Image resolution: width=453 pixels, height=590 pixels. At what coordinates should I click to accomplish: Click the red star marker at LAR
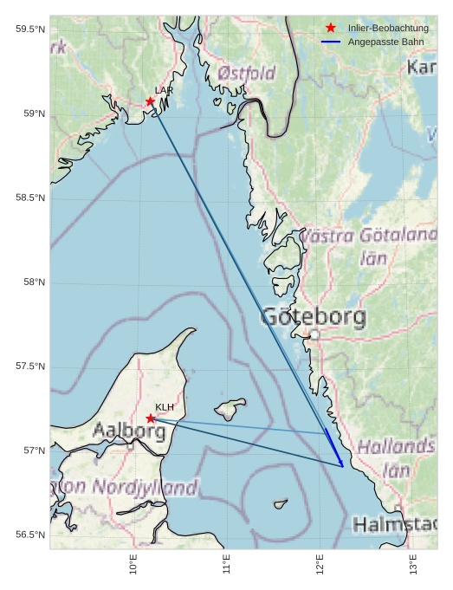(x=151, y=101)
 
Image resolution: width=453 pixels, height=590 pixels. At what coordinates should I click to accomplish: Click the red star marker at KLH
(x=151, y=418)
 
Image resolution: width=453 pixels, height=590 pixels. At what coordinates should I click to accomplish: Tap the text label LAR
(x=164, y=90)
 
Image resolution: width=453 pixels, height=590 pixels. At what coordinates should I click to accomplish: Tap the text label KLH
(x=165, y=407)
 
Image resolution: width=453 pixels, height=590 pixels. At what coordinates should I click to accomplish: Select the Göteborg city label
(x=313, y=317)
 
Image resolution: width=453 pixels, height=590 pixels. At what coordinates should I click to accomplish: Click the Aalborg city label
(x=129, y=430)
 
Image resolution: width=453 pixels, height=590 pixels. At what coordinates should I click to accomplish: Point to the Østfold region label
(x=247, y=73)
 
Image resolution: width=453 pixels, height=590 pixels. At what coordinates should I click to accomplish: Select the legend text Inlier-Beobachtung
(x=388, y=28)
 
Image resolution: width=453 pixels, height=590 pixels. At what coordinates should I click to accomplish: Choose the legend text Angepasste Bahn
(x=385, y=42)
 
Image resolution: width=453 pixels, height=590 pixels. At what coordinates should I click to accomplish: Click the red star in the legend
(x=330, y=28)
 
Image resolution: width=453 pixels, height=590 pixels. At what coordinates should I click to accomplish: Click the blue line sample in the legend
(x=330, y=42)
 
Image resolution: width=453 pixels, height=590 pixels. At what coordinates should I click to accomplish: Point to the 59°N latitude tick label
(x=30, y=113)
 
